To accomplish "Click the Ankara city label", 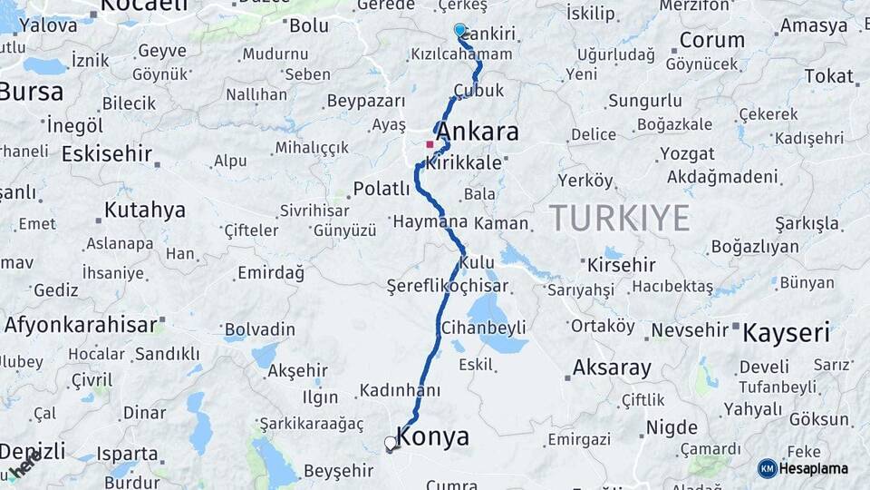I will pos(478,132).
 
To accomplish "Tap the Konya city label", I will pos(433,437).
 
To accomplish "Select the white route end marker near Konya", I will pos(391,444).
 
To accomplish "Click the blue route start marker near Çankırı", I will pos(459,30).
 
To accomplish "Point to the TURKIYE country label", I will pos(619,218).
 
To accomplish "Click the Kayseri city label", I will pos(786,333).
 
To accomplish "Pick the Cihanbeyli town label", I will pos(483,327).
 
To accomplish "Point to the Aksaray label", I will pos(612,368).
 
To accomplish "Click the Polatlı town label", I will pos(382,189).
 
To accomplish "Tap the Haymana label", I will pos(430,220).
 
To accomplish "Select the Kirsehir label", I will pos(621,265).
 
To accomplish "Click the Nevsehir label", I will pos(691,330).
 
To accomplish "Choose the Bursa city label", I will pos(32,92).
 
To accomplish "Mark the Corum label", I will pos(711,40).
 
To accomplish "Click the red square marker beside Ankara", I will pos(430,143).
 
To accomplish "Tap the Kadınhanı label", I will pos(400,390).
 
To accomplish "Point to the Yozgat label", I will pos(686,153).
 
